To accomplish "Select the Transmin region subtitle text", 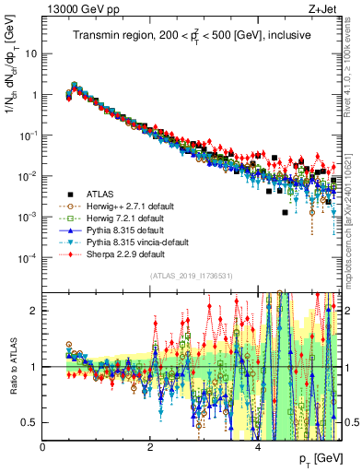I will [x=192, y=36].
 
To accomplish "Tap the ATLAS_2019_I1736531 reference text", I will [x=192, y=276].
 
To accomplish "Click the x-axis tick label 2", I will [x=149, y=445].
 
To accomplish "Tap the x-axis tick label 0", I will [x=42, y=445].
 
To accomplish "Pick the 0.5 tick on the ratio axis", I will [x=31, y=422].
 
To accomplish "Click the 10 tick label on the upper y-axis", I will [x=29, y=53].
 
